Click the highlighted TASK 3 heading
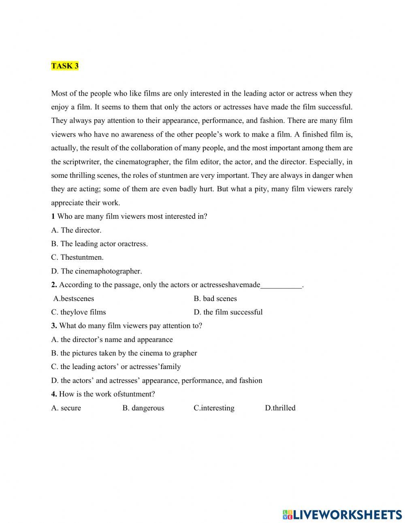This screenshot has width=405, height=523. pyautogui.click(x=65, y=66)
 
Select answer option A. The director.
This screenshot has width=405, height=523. pyautogui.click(x=76, y=230)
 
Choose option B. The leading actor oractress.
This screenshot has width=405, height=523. pyautogui.click(x=99, y=244)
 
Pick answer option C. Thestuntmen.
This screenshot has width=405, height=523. pyautogui.click(x=77, y=257)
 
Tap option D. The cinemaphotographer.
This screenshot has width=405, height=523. pyautogui.click(x=96, y=271)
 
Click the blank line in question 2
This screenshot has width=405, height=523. pyautogui.click(x=281, y=285)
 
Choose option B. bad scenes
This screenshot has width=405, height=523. pyautogui.click(x=215, y=299)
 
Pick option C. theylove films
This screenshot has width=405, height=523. pyautogui.click(x=78, y=312)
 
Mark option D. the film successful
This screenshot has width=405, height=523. pyautogui.click(x=228, y=312)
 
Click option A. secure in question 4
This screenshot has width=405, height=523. pyautogui.click(x=66, y=408)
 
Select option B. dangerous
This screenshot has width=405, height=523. pyautogui.click(x=143, y=408)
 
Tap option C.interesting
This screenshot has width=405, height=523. pyautogui.click(x=214, y=408)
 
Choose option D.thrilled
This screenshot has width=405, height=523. pyautogui.click(x=280, y=408)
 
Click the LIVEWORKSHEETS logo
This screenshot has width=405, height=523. pyautogui.click(x=342, y=514)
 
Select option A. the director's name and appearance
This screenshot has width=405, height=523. pyautogui.click(x=112, y=339)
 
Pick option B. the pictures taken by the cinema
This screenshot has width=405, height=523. pyautogui.click(x=124, y=353)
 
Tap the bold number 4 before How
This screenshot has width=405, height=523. pyautogui.click(x=54, y=394)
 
